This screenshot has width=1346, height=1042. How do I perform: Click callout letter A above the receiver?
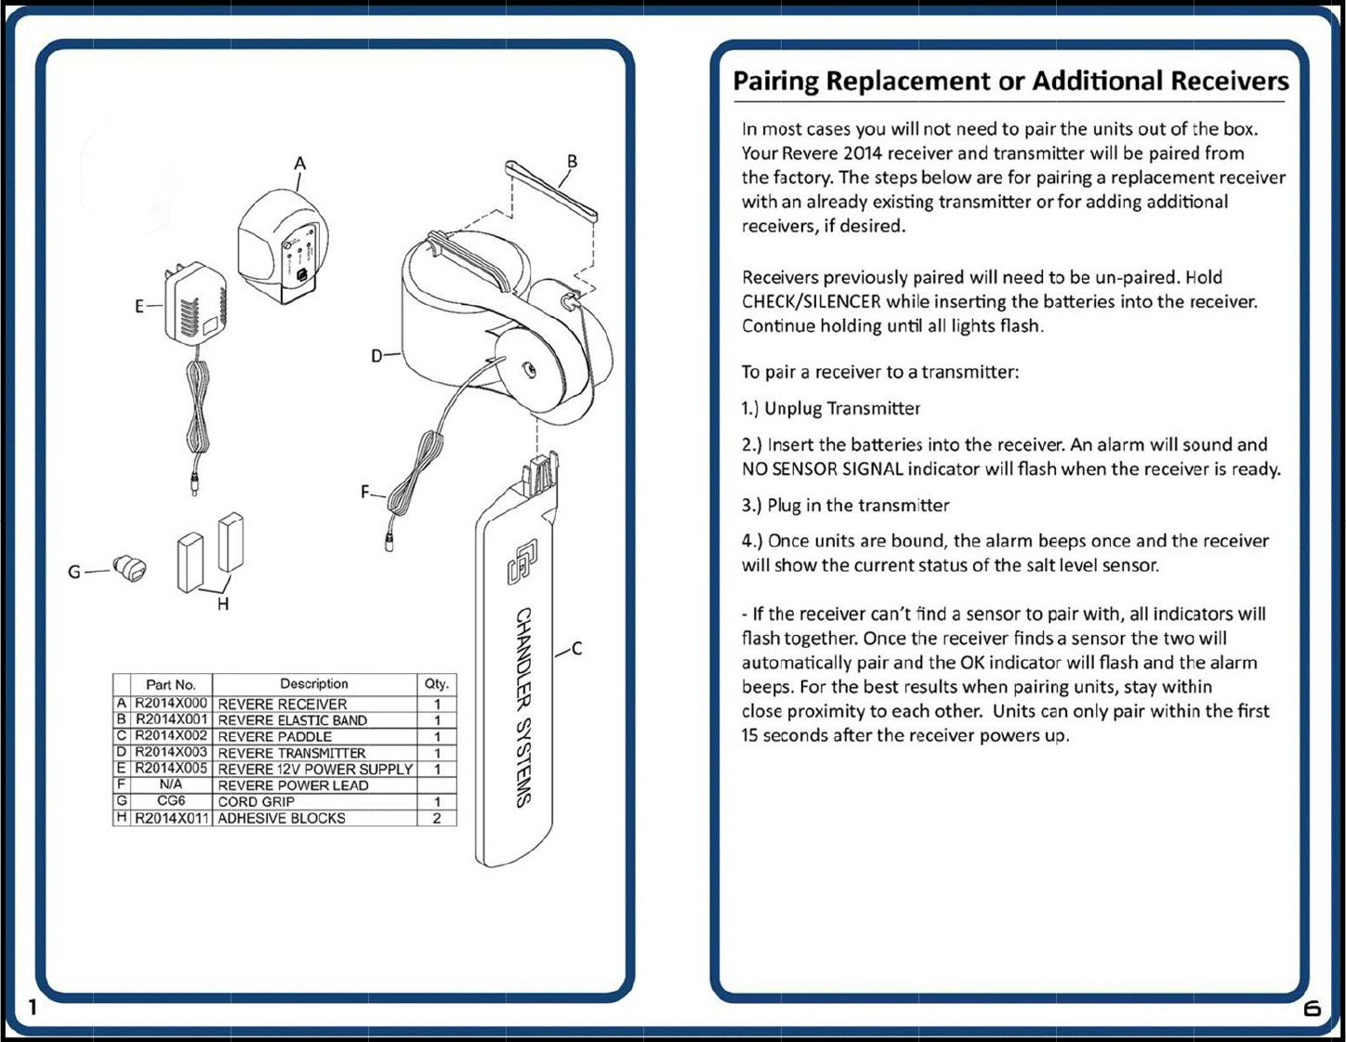(x=299, y=164)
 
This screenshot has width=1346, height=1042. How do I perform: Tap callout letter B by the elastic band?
(x=572, y=161)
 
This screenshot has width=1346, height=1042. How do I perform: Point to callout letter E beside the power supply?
(x=139, y=307)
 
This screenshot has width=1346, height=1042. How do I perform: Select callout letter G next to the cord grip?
(x=74, y=572)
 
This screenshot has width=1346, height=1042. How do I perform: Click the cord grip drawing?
(x=130, y=568)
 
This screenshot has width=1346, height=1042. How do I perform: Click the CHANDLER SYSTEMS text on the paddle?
(x=524, y=706)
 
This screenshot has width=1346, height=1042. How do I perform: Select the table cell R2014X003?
(x=171, y=752)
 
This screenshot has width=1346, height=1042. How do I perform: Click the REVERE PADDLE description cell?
(x=275, y=736)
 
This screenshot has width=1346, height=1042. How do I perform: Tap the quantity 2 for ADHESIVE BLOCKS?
(x=437, y=818)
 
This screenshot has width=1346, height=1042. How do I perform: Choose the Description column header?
(x=314, y=684)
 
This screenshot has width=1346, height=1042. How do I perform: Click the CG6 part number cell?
(x=171, y=801)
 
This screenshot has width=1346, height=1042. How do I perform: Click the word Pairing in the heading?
(x=775, y=82)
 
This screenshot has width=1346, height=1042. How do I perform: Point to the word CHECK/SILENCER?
(x=811, y=301)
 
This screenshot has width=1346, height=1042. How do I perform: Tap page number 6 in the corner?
(x=1312, y=1008)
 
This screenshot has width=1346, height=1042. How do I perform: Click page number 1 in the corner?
(x=33, y=1007)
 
